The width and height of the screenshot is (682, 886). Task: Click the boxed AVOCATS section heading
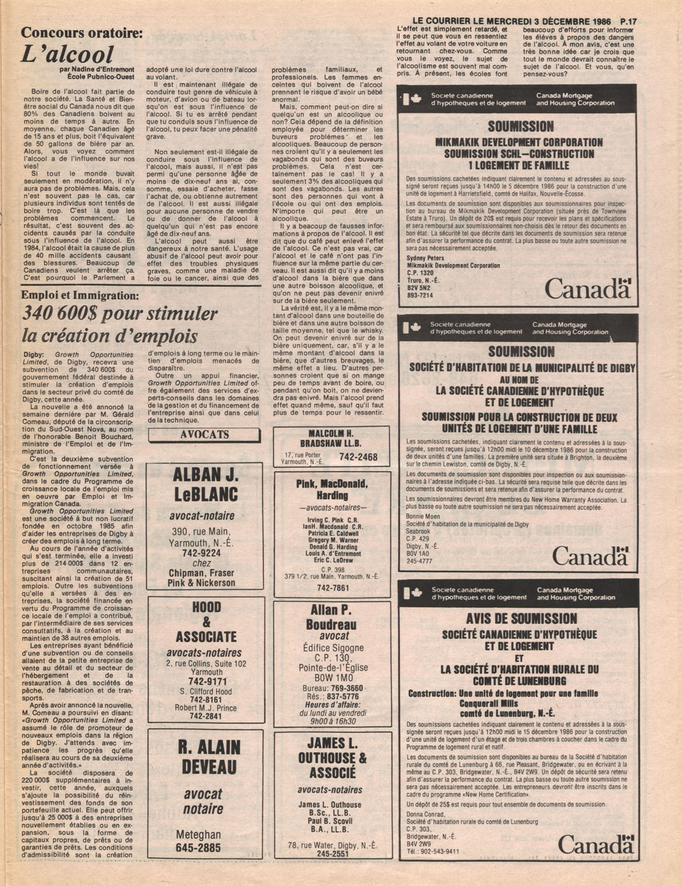204,435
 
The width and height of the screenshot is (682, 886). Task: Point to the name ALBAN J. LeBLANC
205,484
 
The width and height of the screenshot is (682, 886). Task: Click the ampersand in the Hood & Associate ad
206,622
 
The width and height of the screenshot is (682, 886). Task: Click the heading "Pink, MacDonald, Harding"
332,489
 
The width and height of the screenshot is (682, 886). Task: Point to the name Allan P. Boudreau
333,617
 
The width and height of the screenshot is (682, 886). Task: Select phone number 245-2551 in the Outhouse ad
332,853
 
